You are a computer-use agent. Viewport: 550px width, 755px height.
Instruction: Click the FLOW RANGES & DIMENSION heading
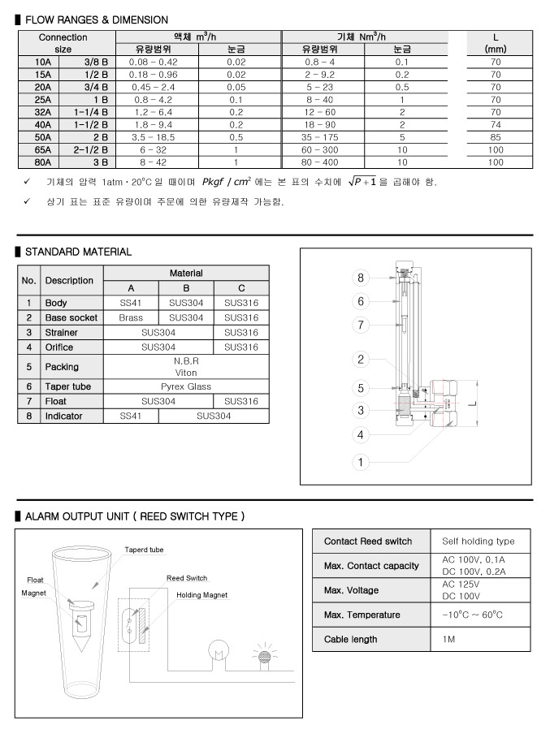(x=96, y=19)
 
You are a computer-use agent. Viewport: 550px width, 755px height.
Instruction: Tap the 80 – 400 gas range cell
(x=319, y=162)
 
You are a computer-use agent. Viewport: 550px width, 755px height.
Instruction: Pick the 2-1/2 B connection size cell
(x=90, y=149)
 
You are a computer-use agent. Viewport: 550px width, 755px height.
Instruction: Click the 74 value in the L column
(x=496, y=124)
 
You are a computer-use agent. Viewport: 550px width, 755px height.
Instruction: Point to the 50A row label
(x=43, y=137)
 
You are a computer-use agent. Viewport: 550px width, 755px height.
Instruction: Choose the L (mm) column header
(x=496, y=43)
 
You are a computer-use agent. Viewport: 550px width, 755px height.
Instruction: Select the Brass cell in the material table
(x=131, y=318)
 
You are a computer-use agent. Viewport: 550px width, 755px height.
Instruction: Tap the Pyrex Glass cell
(x=187, y=386)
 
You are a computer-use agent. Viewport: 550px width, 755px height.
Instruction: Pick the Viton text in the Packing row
(x=187, y=373)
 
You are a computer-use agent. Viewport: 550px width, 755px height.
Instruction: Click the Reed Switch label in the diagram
(x=187, y=578)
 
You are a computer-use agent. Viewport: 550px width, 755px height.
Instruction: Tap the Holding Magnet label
(x=202, y=595)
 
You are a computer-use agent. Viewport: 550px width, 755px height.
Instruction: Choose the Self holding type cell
(x=478, y=541)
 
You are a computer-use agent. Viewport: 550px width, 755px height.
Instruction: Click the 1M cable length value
(x=449, y=639)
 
